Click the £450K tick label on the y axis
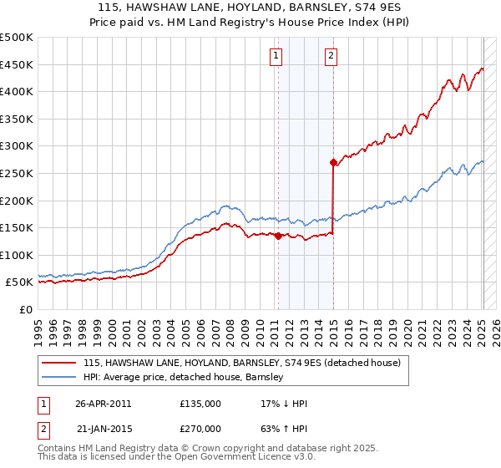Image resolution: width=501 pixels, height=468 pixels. (17, 64)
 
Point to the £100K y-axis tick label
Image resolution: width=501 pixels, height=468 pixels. (17, 255)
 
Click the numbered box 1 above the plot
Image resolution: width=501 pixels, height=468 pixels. (276, 56)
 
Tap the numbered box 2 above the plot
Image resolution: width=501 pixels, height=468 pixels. (331, 56)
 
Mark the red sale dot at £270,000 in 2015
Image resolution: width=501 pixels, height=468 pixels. (333, 162)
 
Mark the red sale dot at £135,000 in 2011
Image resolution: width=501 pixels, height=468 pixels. (278, 236)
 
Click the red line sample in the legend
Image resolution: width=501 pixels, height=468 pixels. (59, 363)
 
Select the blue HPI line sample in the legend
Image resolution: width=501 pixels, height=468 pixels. (59, 377)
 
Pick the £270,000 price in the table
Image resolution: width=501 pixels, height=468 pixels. (200, 429)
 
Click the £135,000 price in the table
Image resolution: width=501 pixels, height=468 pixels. (200, 404)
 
